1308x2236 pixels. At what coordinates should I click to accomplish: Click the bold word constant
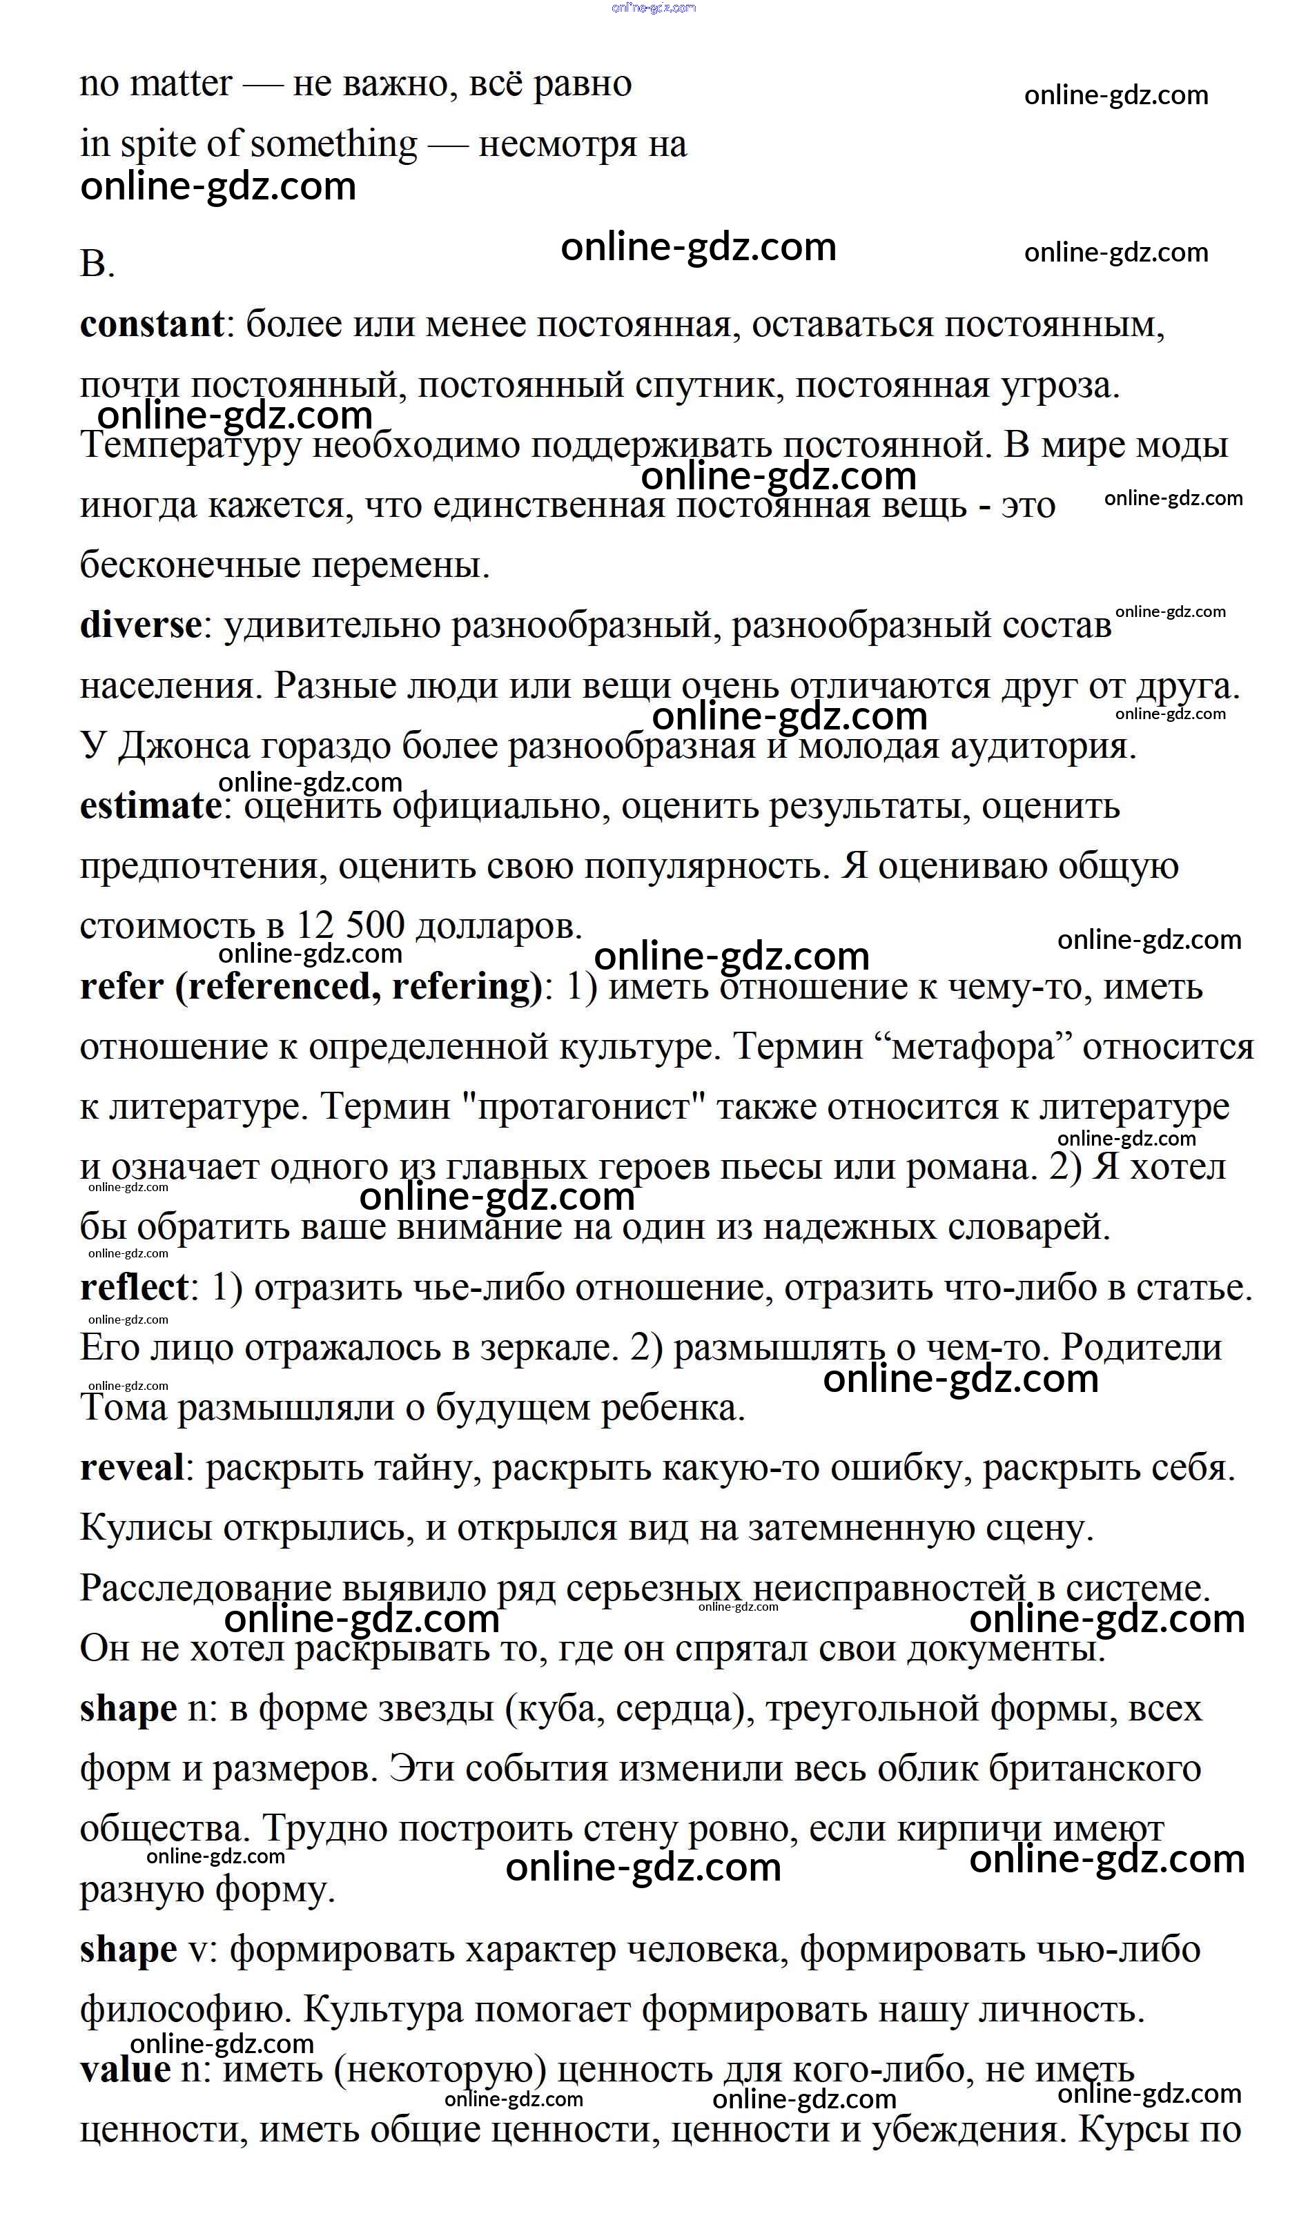point(152,325)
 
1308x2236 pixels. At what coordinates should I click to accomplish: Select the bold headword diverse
point(141,625)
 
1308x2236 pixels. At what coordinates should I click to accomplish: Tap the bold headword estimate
point(150,807)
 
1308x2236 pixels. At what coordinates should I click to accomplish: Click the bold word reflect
point(134,1288)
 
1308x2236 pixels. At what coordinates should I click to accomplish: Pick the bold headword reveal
point(131,1468)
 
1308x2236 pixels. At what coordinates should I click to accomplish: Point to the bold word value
point(125,2070)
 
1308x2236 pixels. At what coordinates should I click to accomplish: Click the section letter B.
point(96,264)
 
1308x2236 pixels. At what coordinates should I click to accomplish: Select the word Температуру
point(191,445)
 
